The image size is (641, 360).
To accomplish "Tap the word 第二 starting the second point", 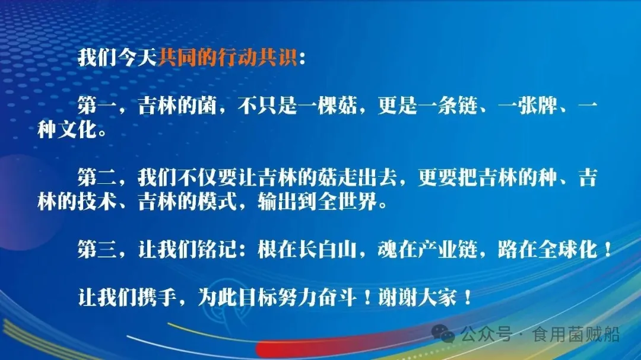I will pos(97,177).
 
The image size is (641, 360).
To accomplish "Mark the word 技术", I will pos(97,202).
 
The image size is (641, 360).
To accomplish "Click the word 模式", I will pos(217,202).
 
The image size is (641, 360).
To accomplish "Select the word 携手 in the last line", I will pos(157,297).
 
